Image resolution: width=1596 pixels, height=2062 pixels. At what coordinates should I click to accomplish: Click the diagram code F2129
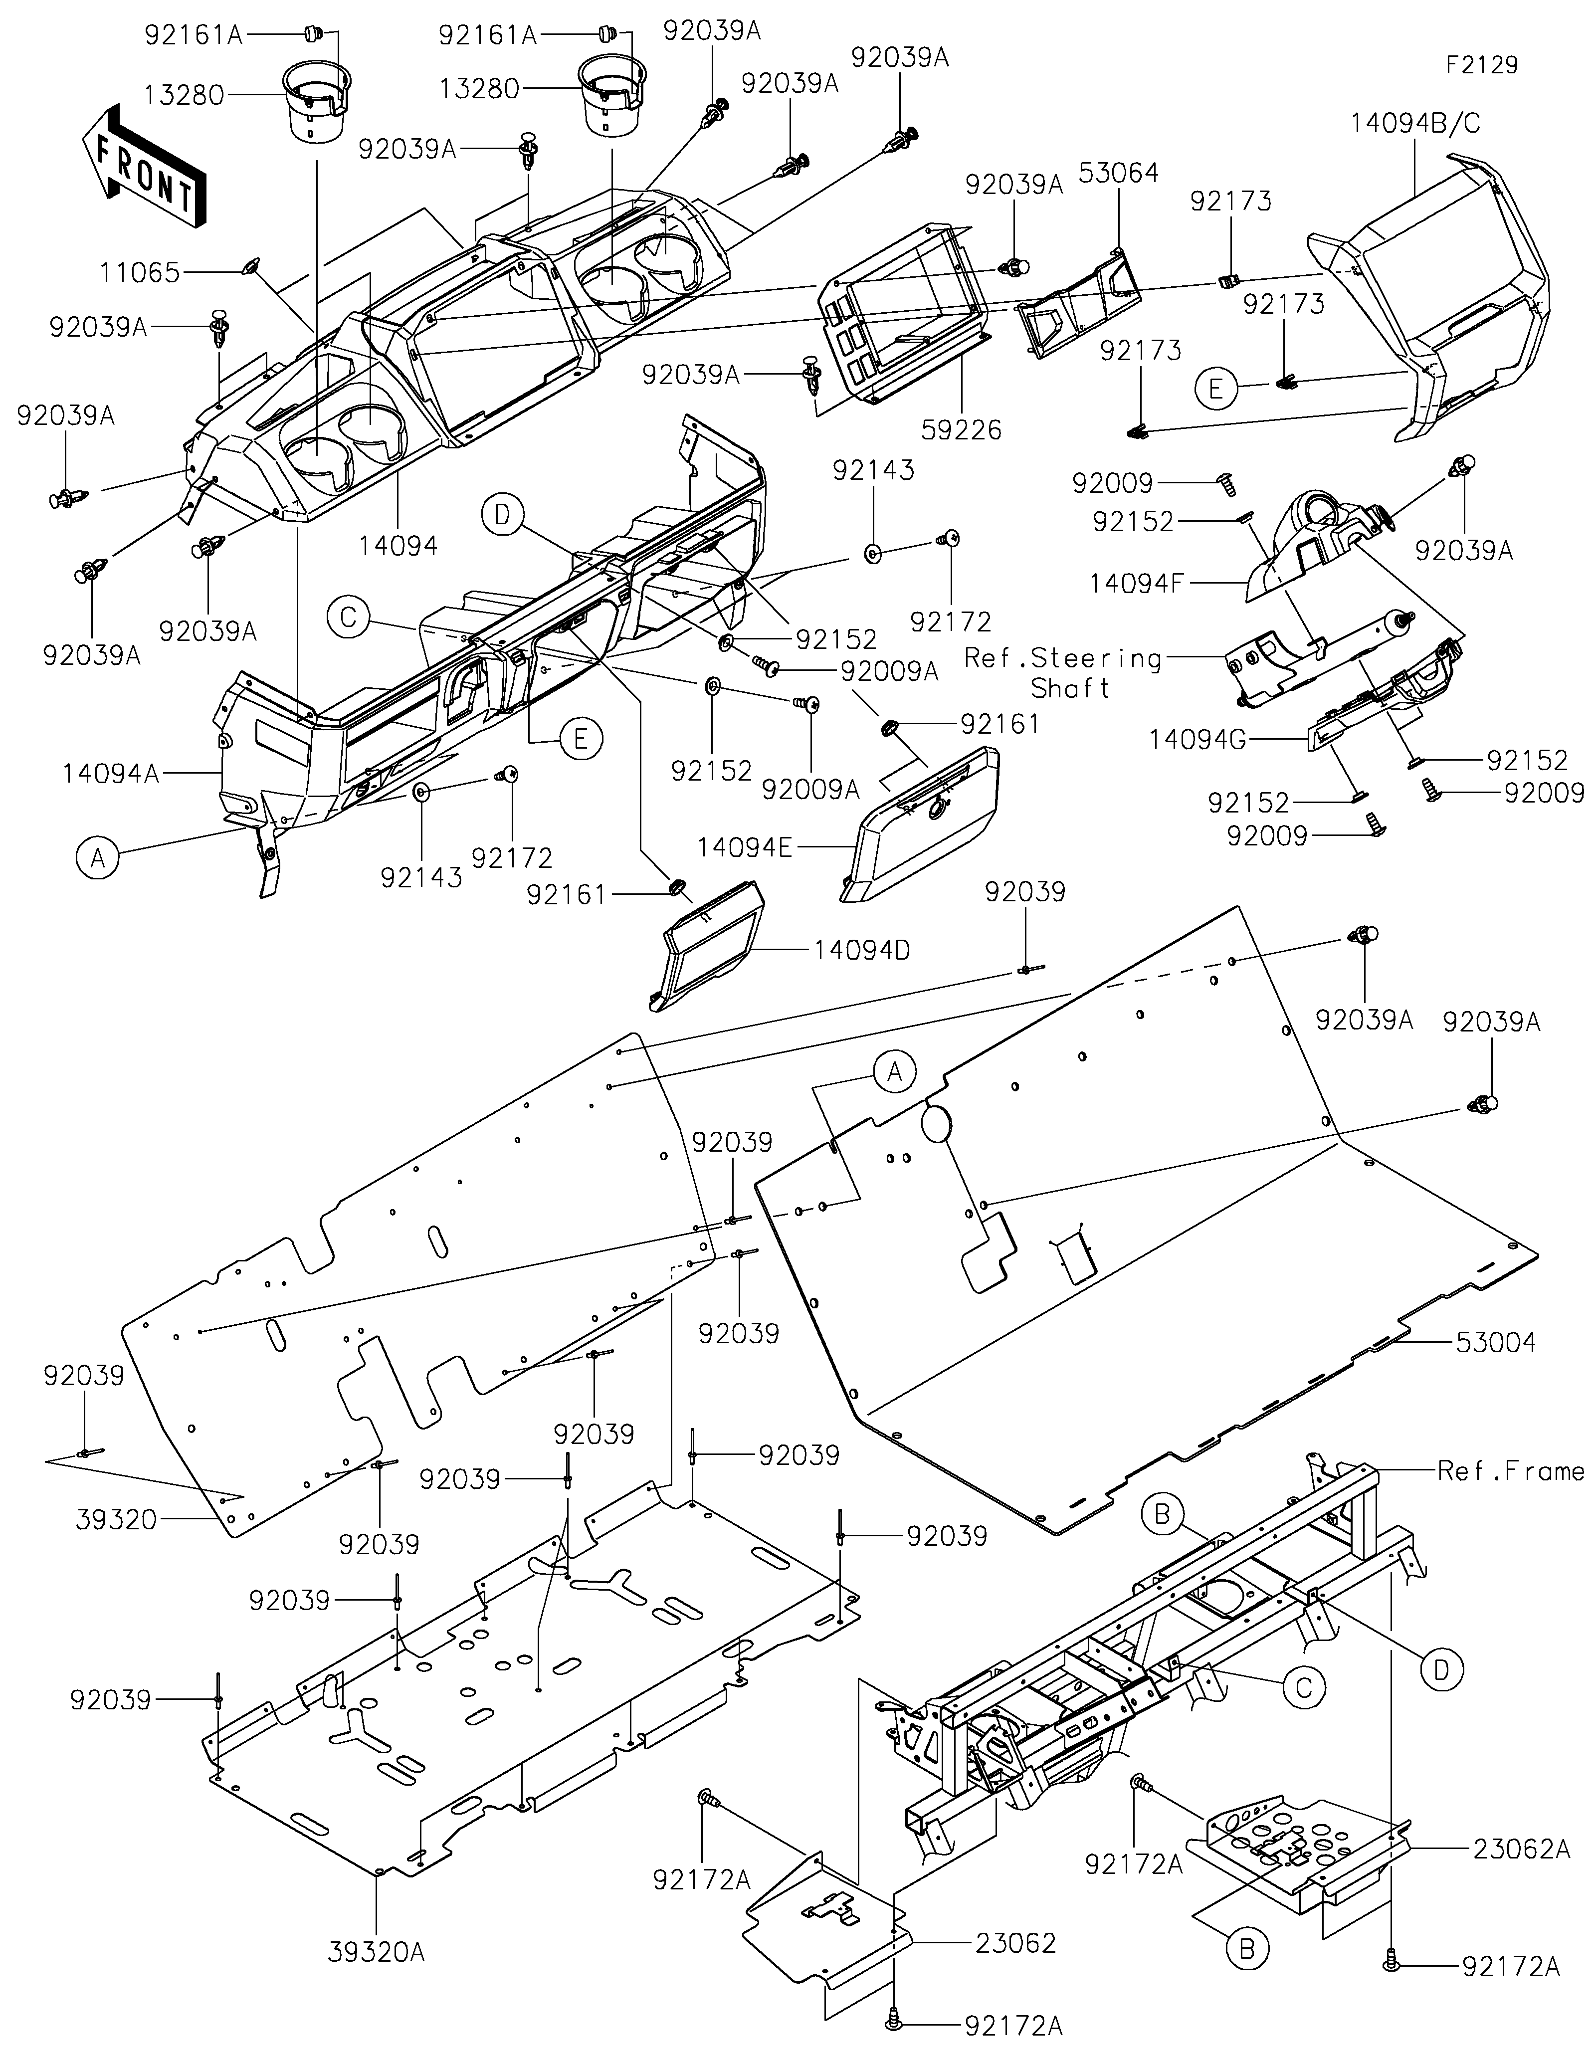click(1482, 65)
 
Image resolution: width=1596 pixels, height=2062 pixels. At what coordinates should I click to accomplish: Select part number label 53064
click(1118, 173)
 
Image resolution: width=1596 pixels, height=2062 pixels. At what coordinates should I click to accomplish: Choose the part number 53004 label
click(1496, 1342)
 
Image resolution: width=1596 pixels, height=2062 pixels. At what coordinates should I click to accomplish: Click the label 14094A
click(110, 774)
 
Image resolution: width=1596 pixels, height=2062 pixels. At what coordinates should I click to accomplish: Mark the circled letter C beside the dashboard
click(348, 618)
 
